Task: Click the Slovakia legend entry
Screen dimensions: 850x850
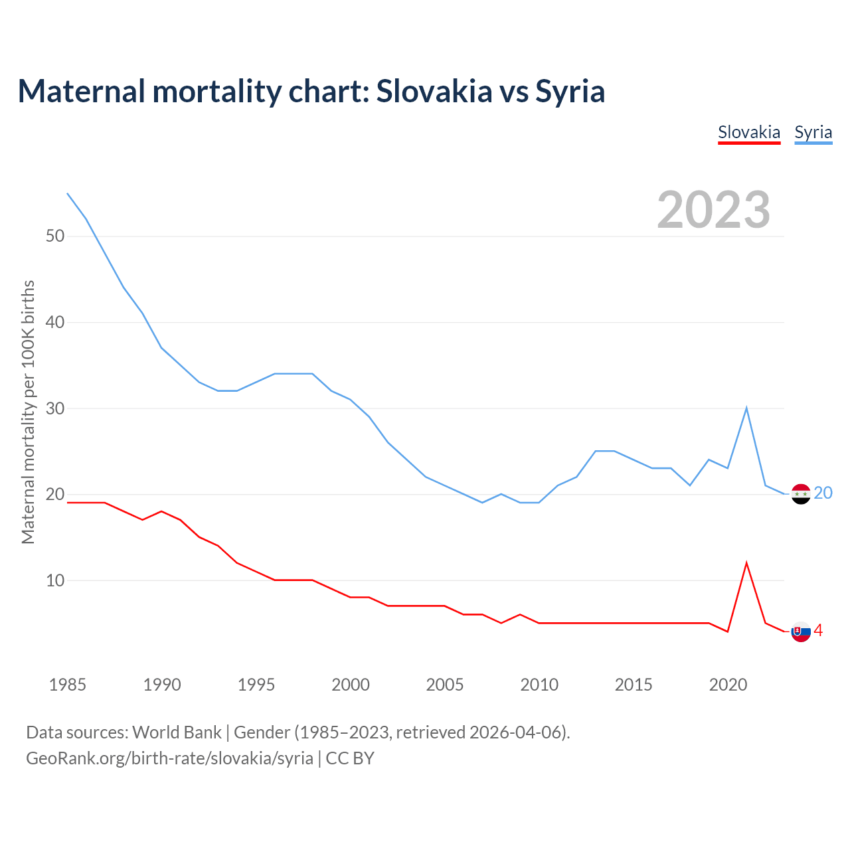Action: [749, 132]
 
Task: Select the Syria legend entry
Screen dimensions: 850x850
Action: [813, 132]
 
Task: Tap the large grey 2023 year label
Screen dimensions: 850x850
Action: [713, 210]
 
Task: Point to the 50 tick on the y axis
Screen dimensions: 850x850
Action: [55, 236]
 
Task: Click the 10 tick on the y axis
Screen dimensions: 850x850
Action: [55, 580]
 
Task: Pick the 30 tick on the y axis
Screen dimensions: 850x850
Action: [55, 408]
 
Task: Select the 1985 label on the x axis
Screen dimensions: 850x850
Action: [67, 685]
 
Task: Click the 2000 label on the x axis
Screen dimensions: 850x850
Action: [351, 685]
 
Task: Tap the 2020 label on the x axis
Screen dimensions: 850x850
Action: [728, 685]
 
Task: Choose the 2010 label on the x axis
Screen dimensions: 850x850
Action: [539, 685]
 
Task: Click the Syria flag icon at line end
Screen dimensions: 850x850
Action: [801, 494]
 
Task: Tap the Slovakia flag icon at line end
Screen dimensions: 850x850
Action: [801, 632]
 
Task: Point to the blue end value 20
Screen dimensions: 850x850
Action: [823, 493]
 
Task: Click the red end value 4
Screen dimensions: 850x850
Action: [819, 631]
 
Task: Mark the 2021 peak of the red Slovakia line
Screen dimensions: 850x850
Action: [746, 563]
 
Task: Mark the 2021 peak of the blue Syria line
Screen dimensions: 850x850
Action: [746, 408]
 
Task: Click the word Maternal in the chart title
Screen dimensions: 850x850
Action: [81, 91]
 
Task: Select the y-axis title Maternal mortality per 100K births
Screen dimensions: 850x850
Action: [28, 412]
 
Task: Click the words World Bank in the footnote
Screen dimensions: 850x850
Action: [177, 732]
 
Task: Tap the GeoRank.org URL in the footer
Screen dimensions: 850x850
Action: [169, 758]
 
